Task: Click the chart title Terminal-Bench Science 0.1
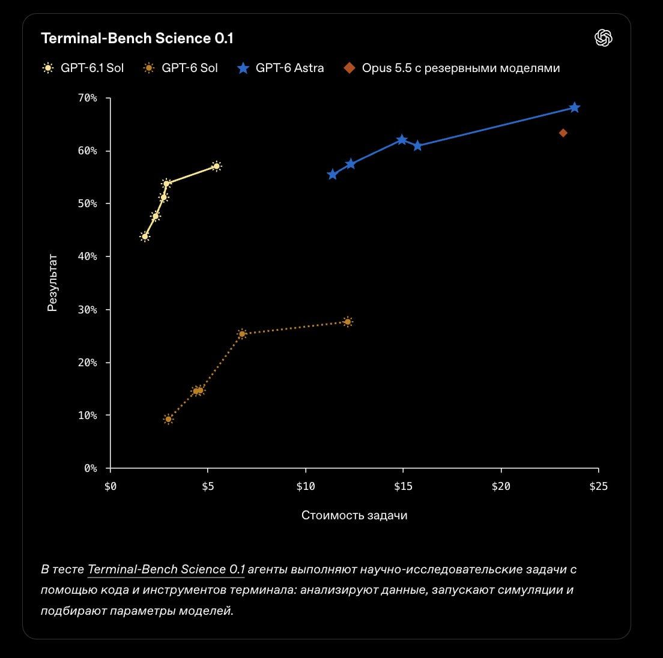coord(137,38)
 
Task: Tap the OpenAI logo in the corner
coord(604,38)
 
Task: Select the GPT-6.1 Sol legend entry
coord(83,68)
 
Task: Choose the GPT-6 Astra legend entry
coord(281,68)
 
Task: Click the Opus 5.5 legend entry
coord(452,68)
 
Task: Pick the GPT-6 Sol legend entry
coord(181,68)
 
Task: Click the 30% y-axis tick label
coord(88,310)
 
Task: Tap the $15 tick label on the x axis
coord(403,486)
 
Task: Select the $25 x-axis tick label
coord(598,486)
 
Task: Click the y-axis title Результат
coord(52,283)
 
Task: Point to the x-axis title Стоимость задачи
coord(354,515)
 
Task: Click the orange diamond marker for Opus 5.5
coord(563,133)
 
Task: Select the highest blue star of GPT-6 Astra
coord(574,107)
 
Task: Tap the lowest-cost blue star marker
coord(332,175)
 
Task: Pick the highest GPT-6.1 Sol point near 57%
coord(216,166)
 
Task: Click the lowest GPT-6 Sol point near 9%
coord(168,419)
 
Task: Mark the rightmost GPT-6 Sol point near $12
coord(348,322)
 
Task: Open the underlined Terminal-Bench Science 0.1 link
coord(166,569)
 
